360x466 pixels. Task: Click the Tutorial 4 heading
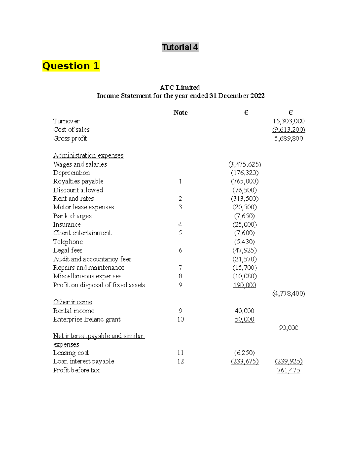pos(180,47)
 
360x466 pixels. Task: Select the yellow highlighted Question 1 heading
pos(71,66)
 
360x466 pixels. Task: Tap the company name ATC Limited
pos(180,88)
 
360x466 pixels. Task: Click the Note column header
pos(180,113)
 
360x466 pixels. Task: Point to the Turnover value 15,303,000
pos(288,121)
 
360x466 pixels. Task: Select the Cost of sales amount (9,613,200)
pos(288,130)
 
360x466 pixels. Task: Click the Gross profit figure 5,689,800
pos(288,138)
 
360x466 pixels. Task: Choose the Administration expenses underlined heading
pos(88,155)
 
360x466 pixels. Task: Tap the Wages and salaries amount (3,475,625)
pos(244,164)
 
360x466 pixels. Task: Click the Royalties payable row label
pos(78,181)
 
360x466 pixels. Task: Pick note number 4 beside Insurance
pos(180,224)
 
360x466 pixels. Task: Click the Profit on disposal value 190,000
pos(244,285)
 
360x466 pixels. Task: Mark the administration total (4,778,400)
pos(288,293)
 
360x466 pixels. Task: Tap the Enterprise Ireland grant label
pos(87,319)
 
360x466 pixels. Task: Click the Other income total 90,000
pos(288,328)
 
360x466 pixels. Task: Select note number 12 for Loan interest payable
pos(180,361)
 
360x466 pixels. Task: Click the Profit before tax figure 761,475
pos(288,370)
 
